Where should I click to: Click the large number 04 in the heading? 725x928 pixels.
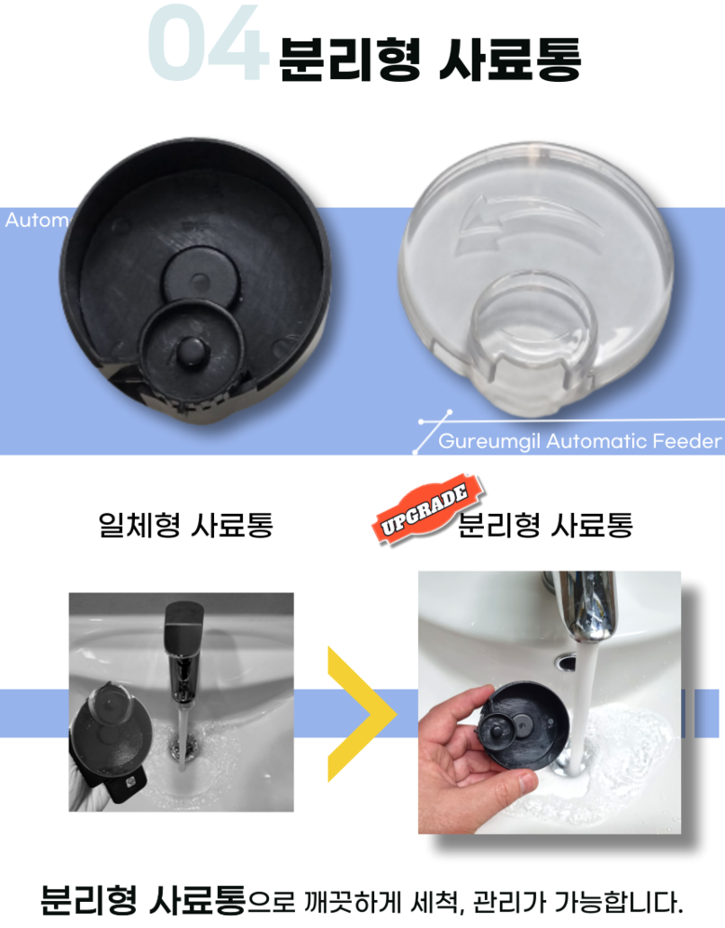point(207,43)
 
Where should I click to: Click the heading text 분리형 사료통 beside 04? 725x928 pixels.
point(430,60)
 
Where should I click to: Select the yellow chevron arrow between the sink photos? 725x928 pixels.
point(361,714)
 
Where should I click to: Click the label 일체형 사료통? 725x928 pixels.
point(186,525)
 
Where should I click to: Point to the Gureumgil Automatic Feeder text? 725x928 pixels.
point(580,441)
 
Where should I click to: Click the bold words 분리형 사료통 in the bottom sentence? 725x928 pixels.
point(142,900)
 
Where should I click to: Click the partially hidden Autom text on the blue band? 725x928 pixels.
point(36,221)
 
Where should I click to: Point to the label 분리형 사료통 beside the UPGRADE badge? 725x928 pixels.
point(545,525)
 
